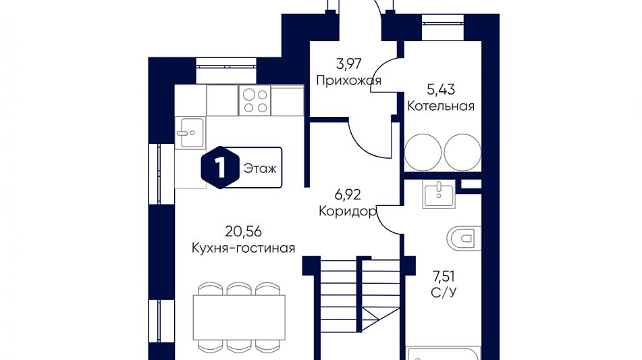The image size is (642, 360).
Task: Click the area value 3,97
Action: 349,64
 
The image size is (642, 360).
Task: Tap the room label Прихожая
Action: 348,80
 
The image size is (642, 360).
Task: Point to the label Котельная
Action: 441,106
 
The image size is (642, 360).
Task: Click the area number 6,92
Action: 348,195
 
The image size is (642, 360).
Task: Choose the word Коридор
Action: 347,211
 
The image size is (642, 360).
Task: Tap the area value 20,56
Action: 242,231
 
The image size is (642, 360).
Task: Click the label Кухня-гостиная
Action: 242,248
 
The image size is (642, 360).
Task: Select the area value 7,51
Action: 443,276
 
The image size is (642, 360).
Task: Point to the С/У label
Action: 443,292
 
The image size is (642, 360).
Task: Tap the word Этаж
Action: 260,168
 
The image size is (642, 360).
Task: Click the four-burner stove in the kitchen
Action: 255,101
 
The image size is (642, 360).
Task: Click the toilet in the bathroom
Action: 462,237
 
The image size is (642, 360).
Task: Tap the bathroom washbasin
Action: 439,193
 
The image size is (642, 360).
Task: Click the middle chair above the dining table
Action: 239,290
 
